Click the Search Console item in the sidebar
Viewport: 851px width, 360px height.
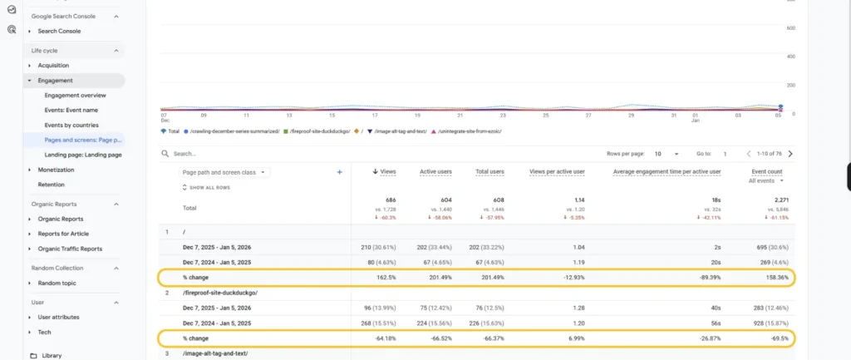59,31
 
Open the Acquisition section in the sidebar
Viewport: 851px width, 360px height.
53,65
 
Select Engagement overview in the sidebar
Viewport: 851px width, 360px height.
75,95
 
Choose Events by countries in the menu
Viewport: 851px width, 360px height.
71,125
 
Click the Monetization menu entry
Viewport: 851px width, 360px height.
56,170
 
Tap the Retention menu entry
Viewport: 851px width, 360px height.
51,185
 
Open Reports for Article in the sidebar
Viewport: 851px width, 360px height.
63,234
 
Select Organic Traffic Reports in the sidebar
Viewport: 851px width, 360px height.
70,249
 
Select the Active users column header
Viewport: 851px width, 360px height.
435,171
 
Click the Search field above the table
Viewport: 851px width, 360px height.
249,154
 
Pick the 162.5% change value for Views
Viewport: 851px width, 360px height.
385,277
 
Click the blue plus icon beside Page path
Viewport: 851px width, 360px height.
339,172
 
